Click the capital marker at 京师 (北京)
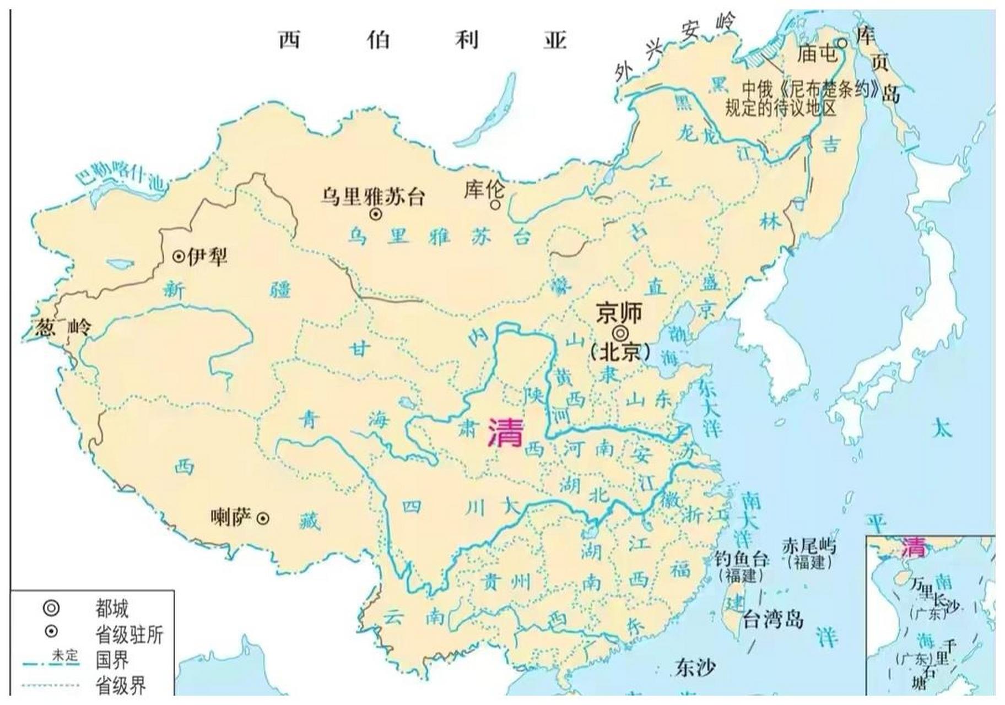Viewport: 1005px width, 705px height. click(x=620, y=333)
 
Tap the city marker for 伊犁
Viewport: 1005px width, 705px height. click(x=179, y=256)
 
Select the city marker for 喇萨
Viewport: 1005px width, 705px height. click(x=264, y=518)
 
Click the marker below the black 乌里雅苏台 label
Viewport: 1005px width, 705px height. click(x=375, y=214)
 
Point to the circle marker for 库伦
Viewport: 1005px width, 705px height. click(x=495, y=205)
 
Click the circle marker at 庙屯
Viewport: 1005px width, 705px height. click(x=842, y=43)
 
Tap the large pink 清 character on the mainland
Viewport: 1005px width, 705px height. click(x=505, y=432)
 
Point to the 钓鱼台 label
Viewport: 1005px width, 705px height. click(x=741, y=560)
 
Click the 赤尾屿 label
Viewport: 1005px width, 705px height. click(x=809, y=546)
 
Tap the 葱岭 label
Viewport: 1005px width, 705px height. click(x=62, y=328)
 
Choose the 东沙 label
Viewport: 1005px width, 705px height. click(x=695, y=668)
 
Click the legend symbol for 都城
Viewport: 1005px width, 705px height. click(x=51, y=608)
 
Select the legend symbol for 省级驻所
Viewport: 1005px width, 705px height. click(x=51, y=631)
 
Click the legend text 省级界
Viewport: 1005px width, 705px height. click(x=121, y=686)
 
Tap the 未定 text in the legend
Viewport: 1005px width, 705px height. click(x=65, y=655)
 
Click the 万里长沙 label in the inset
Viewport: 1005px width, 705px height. click(x=934, y=596)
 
